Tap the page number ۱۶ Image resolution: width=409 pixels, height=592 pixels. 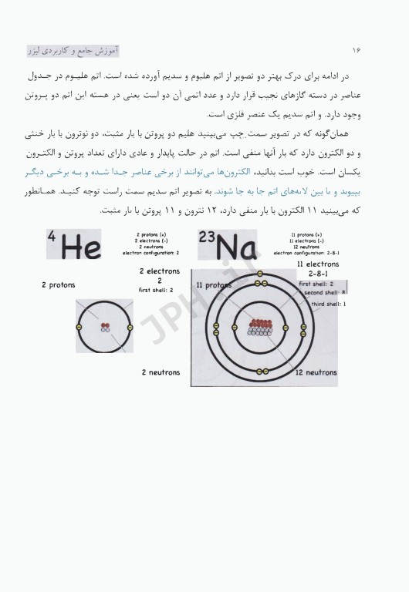pyautogui.click(x=357, y=49)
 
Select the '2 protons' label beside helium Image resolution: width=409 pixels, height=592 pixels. pyautogui.click(x=59, y=284)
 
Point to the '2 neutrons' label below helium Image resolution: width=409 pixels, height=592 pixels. pyautogui.click(x=161, y=372)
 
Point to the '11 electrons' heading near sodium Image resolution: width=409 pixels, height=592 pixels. pyautogui.click(x=317, y=264)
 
